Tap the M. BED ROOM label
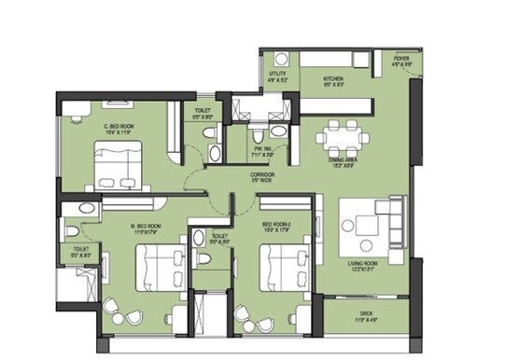coord(147,226)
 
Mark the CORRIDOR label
coord(261,174)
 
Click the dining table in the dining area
coord(336,138)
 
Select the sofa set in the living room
coord(368,224)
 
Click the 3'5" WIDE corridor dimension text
coord(261,182)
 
